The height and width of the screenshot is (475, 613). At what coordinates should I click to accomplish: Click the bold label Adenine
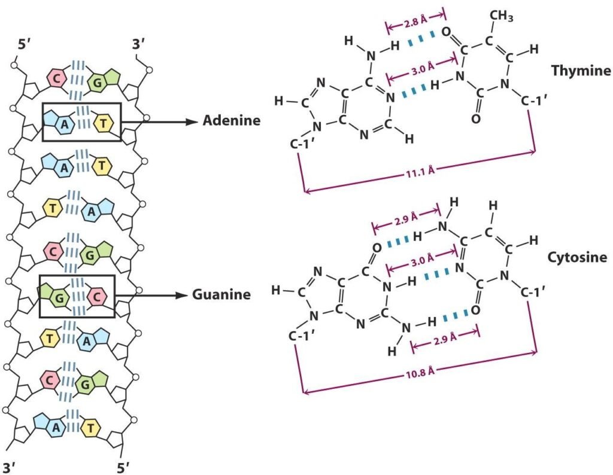(x=231, y=121)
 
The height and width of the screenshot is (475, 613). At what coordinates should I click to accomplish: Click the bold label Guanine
(x=221, y=294)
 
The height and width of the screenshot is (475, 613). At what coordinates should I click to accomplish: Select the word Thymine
(x=580, y=71)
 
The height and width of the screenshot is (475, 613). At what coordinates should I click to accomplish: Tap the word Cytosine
(x=578, y=258)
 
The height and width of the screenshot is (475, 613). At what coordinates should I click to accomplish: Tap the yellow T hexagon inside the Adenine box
(x=105, y=123)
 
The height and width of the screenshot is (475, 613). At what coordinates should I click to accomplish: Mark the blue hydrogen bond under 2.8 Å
(x=418, y=42)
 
